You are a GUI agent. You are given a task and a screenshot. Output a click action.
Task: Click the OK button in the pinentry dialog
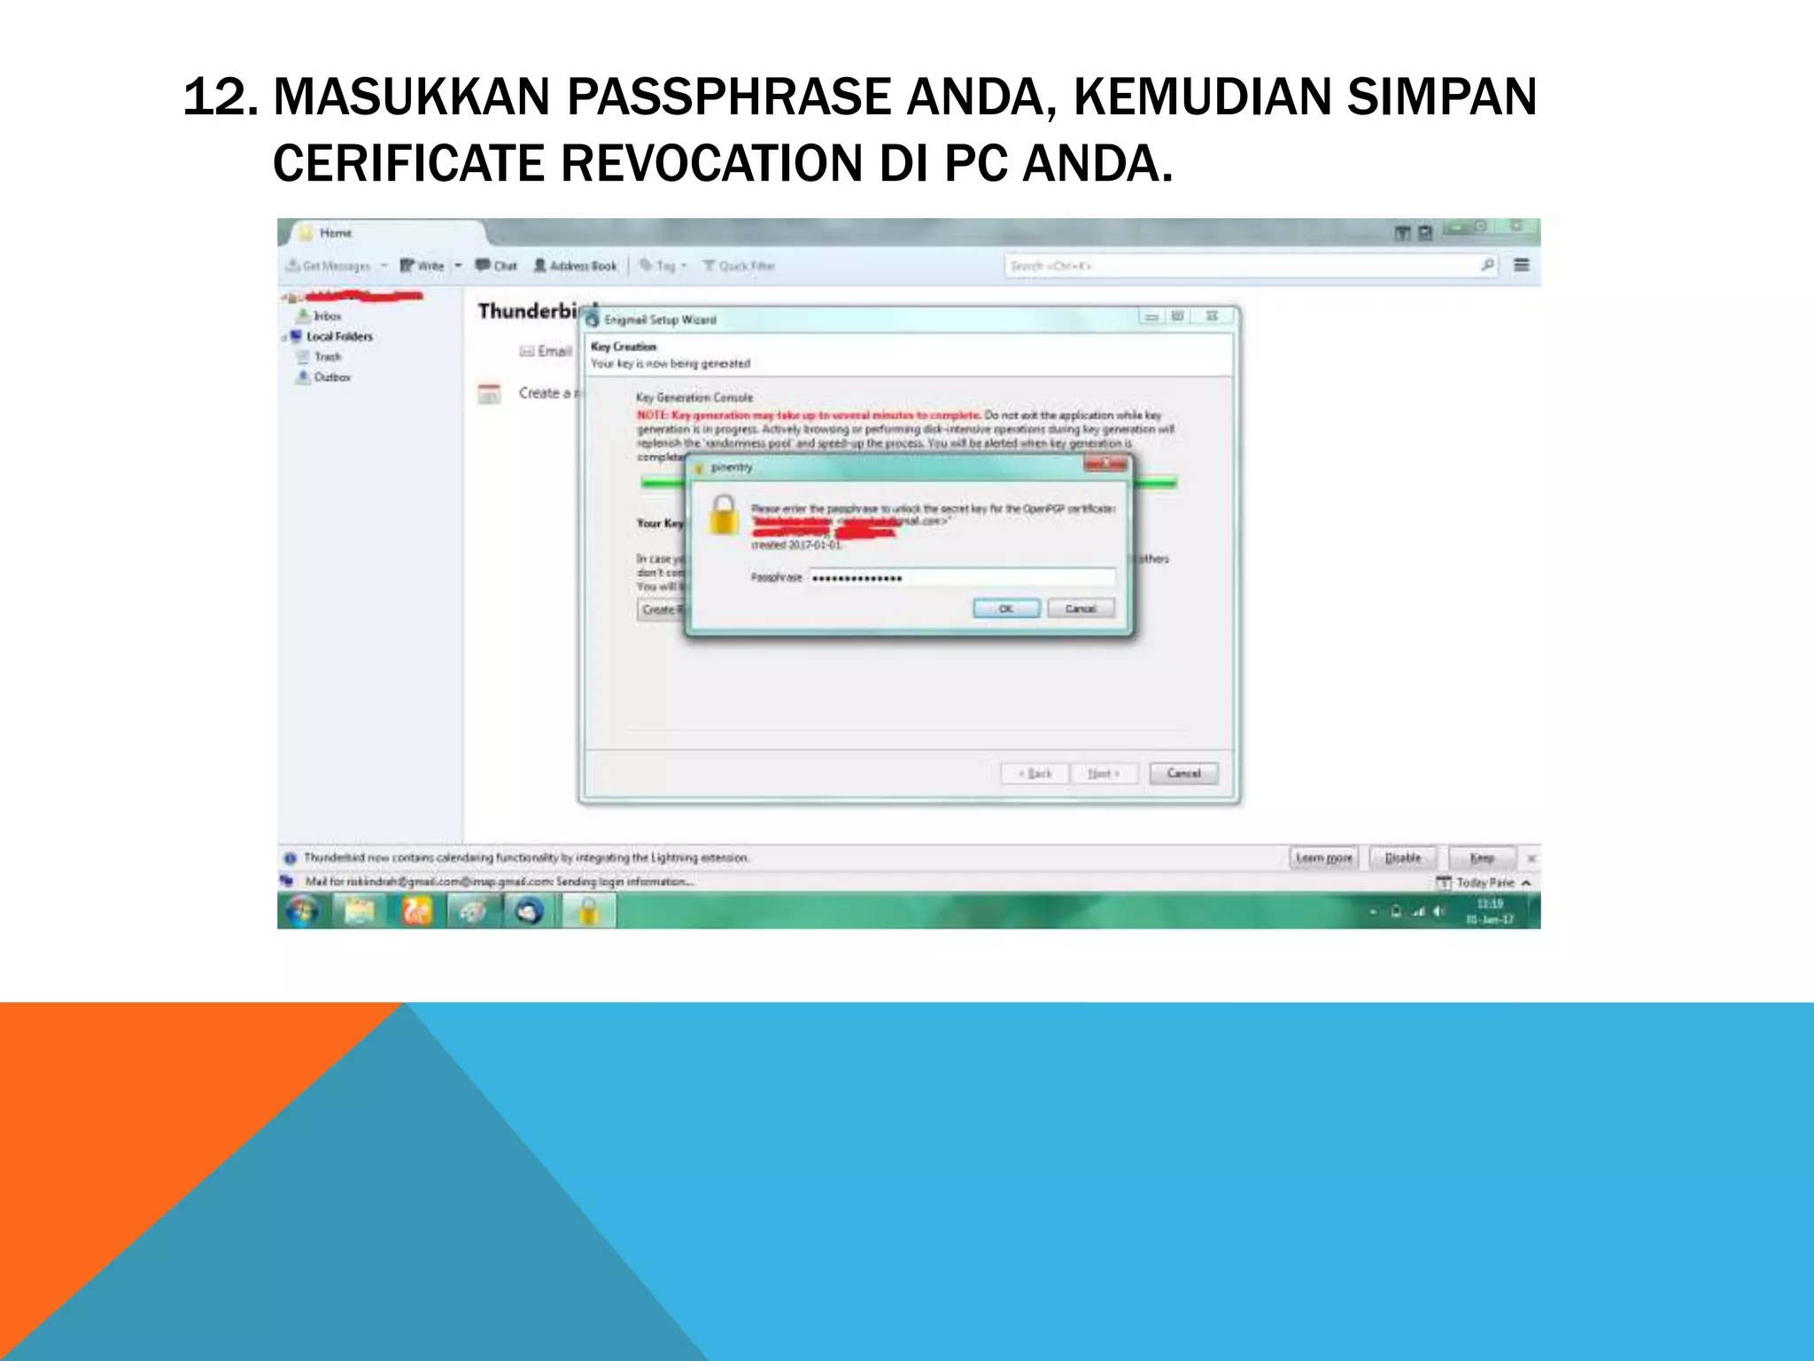(x=1006, y=609)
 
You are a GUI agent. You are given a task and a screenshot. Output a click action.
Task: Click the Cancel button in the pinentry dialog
(x=1080, y=609)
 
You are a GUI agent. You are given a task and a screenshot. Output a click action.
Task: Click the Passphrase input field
(x=962, y=578)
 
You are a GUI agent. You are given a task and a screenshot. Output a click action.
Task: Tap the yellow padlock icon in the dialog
(x=723, y=515)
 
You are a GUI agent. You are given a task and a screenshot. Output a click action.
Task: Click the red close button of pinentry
(x=1105, y=464)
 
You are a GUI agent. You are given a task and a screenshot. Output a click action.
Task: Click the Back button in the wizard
(x=1035, y=774)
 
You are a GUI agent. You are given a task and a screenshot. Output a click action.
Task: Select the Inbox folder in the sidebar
(x=327, y=315)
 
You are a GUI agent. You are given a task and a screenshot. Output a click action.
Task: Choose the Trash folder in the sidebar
(x=327, y=357)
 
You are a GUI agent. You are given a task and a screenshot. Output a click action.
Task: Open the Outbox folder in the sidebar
(x=331, y=377)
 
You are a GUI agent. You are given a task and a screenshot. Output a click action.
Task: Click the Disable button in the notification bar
(x=1402, y=858)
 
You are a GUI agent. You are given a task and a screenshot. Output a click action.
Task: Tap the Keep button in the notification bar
(x=1482, y=858)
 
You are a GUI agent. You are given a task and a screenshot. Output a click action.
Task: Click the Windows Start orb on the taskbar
(x=302, y=911)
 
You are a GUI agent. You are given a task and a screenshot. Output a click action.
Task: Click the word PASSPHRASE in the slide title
(x=728, y=97)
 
